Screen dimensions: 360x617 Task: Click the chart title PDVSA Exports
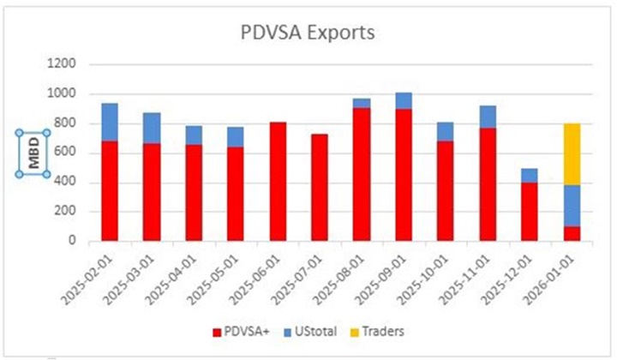[x=307, y=33]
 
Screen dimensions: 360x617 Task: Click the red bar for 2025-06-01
[x=278, y=181]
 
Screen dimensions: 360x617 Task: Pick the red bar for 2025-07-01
[x=320, y=187]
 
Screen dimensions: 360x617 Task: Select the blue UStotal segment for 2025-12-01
[x=530, y=175]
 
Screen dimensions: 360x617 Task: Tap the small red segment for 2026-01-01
[x=572, y=233]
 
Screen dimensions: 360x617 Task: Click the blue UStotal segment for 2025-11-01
[x=488, y=117]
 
